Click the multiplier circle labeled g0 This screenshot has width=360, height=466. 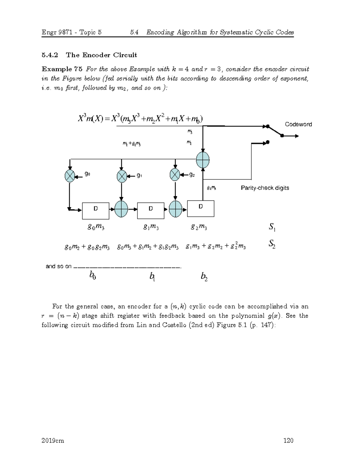[70, 176]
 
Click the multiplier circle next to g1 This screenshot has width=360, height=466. [122, 176]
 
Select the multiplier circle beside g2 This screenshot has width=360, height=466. [175, 174]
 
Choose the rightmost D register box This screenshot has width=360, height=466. [201, 208]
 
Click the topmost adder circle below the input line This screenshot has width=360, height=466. [203, 160]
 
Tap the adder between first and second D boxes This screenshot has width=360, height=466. [121, 209]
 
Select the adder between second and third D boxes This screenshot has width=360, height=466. [175, 209]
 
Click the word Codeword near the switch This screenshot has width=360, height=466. [298, 124]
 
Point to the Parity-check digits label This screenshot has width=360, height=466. [265, 188]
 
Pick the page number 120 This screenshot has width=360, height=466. [288, 440]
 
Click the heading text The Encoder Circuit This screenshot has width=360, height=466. [101, 55]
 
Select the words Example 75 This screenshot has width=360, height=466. [62, 69]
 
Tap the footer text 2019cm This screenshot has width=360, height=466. [53, 440]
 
